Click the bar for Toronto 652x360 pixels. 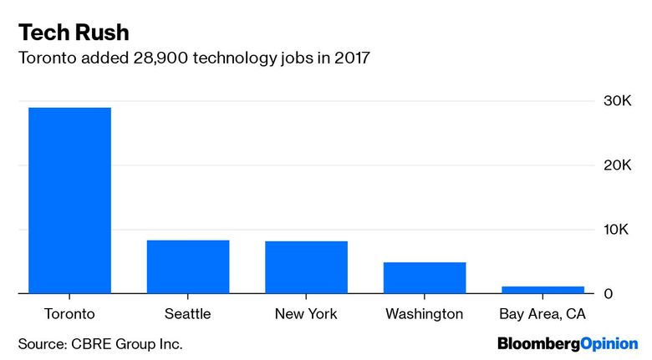pos(69,200)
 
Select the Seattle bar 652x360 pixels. pos(188,266)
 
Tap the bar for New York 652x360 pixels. pos(306,267)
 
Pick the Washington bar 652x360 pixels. pos(424,277)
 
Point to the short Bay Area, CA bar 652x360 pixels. pos(542,289)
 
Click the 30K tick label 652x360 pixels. pos(617,101)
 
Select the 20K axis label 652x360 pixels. pos(617,165)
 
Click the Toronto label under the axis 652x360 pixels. pos(69,314)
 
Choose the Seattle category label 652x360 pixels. pos(188,314)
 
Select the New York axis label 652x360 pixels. pos(306,314)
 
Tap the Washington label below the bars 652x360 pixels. pos(424,314)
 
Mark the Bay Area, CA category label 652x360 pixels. pos(542,314)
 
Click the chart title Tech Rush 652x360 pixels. pos(73,33)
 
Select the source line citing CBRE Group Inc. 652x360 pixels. pos(100,343)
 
